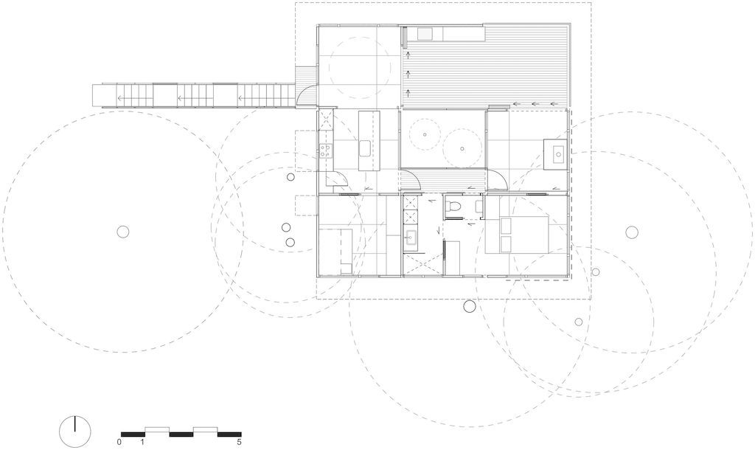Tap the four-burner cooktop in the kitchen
coord(325,150)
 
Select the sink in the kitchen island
coord(365,148)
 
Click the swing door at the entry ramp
coord(306,94)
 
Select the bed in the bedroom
coord(517,235)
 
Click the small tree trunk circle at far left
coord(123,232)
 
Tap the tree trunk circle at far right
coord(632,232)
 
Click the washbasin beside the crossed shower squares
coord(411,237)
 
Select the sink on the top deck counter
coord(425,34)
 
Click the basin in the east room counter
coord(558,154)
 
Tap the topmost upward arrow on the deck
coord(408,54)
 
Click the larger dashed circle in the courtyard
coord(462,148)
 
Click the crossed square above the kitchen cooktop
coord(325,119)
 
